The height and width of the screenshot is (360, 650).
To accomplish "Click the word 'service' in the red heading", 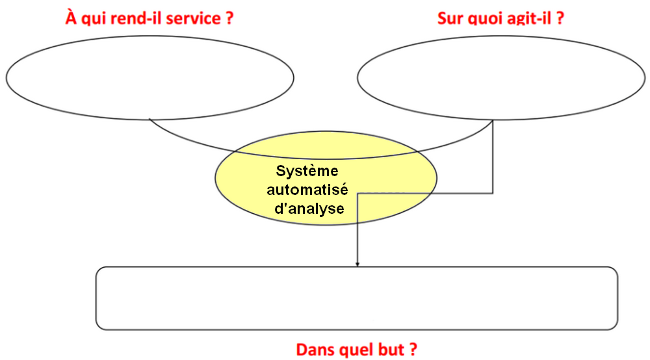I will tap(194, 18).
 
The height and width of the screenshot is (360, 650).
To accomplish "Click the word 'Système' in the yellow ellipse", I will tap(308, 172).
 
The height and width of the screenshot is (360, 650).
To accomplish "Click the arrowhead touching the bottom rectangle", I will tap(357, 264).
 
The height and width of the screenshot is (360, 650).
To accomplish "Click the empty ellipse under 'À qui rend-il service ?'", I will tap(149, 77).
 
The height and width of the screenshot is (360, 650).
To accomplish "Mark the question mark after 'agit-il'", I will tap(559, 18).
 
